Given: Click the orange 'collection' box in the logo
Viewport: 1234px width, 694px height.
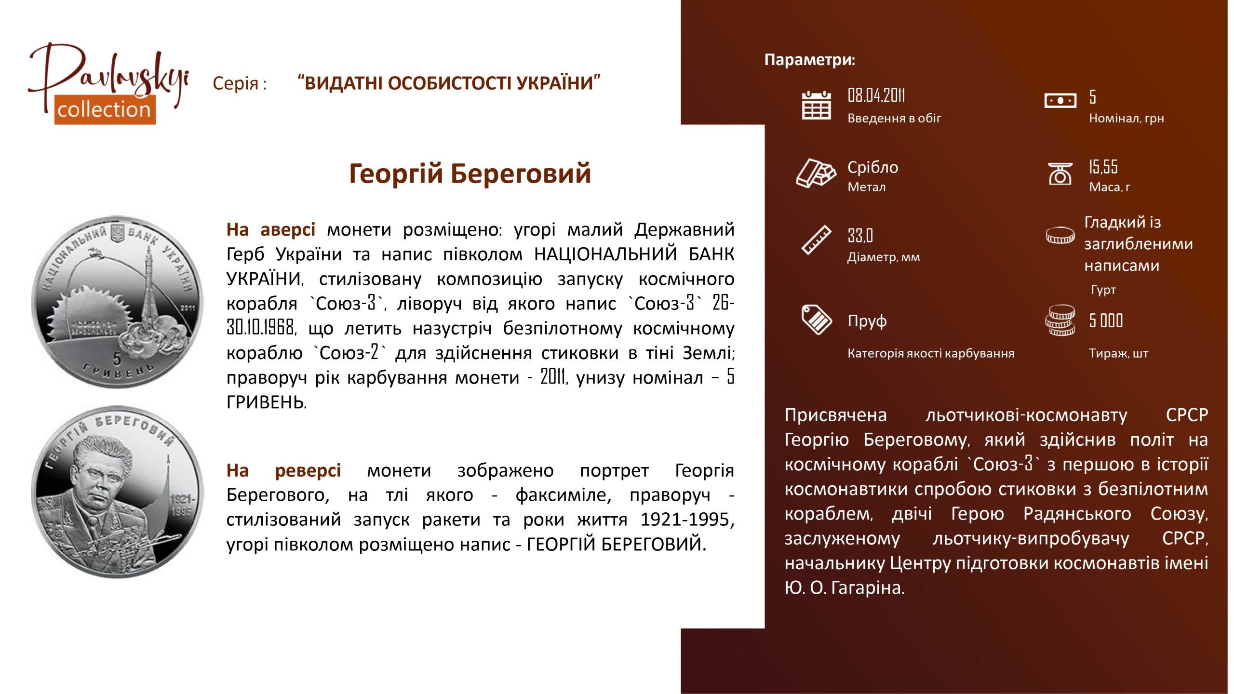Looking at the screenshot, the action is point(105,110).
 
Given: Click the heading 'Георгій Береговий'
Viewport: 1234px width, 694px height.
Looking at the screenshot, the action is point(470,173).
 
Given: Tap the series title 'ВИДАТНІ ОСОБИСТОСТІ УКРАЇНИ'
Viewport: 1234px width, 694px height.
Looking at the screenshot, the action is point(449,83).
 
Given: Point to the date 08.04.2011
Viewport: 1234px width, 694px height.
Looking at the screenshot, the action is point(876,95).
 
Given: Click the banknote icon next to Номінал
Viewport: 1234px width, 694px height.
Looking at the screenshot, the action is point(1060,101).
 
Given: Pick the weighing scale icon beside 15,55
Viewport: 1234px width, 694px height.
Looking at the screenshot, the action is point(1060,173).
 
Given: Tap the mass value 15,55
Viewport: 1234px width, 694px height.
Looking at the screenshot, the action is point(1103,167).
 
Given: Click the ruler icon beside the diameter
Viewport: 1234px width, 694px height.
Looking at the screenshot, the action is point(816,240).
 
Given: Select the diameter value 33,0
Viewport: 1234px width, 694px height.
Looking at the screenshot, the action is point(860,236).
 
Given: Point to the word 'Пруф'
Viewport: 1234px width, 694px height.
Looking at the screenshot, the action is point(867,321).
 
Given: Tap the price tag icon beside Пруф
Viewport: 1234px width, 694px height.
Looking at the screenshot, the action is point(816,320).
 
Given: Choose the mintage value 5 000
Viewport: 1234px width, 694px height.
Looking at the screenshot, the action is point(1106,320).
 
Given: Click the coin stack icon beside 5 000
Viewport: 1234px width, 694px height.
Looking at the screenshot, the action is point(1060,320).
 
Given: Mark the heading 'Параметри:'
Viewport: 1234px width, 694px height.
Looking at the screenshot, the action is point(810,60).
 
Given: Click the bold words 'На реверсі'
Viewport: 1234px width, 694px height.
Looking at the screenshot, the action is point(284,470).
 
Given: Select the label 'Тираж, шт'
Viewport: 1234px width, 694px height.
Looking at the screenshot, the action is point(1118,354).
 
